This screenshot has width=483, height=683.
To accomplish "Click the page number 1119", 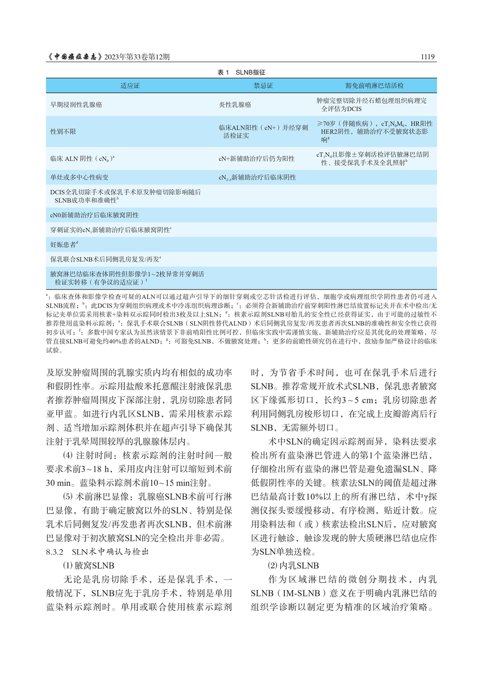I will (x=427, y=57).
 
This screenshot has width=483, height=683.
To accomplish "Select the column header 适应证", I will (x=130, y=86).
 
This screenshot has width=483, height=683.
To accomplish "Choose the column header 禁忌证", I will (x=263, y=86).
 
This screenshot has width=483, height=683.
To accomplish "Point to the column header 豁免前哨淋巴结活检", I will (x=374, y=86).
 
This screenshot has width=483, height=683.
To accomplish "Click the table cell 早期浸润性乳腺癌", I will (x=76, y=105).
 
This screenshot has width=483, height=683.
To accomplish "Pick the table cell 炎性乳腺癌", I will (x=235, y=105).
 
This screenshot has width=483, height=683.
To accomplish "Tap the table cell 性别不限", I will (x=63, y=132).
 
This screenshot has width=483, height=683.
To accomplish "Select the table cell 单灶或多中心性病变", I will (x=79, y=177).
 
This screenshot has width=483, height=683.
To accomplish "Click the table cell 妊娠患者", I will (x=63, y=245).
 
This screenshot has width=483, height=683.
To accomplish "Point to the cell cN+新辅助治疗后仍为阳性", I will (x=256, y=159).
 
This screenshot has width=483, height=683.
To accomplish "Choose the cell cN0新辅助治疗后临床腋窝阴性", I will (x=94, y=215).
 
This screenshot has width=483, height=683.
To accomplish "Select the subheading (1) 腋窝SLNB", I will (x=88, y=566).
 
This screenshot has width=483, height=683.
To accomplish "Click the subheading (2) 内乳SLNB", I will (x=293, y=566).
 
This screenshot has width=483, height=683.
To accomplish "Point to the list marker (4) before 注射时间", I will (x=68, y=456).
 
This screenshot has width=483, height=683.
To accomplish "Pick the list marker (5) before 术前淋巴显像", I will (x=68, y=497).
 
